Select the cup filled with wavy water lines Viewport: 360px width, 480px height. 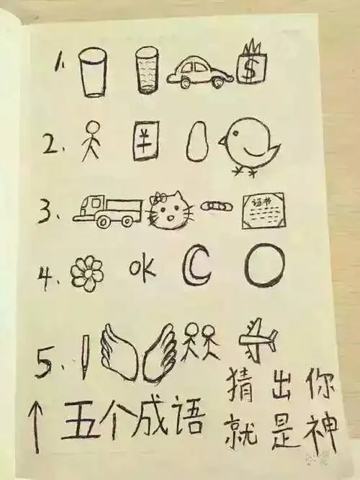click(x=146, y=72)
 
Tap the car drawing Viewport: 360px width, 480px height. click(x=198, y=71)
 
